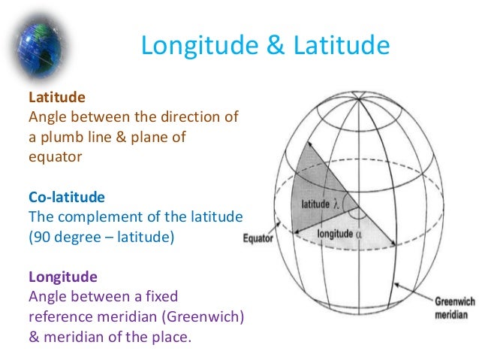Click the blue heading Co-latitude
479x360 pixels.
click(67, 197)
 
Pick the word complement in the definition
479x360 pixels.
click(120, 217)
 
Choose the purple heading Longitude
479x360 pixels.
click(62, 277)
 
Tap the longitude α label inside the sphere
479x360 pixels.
click(340, 234)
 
